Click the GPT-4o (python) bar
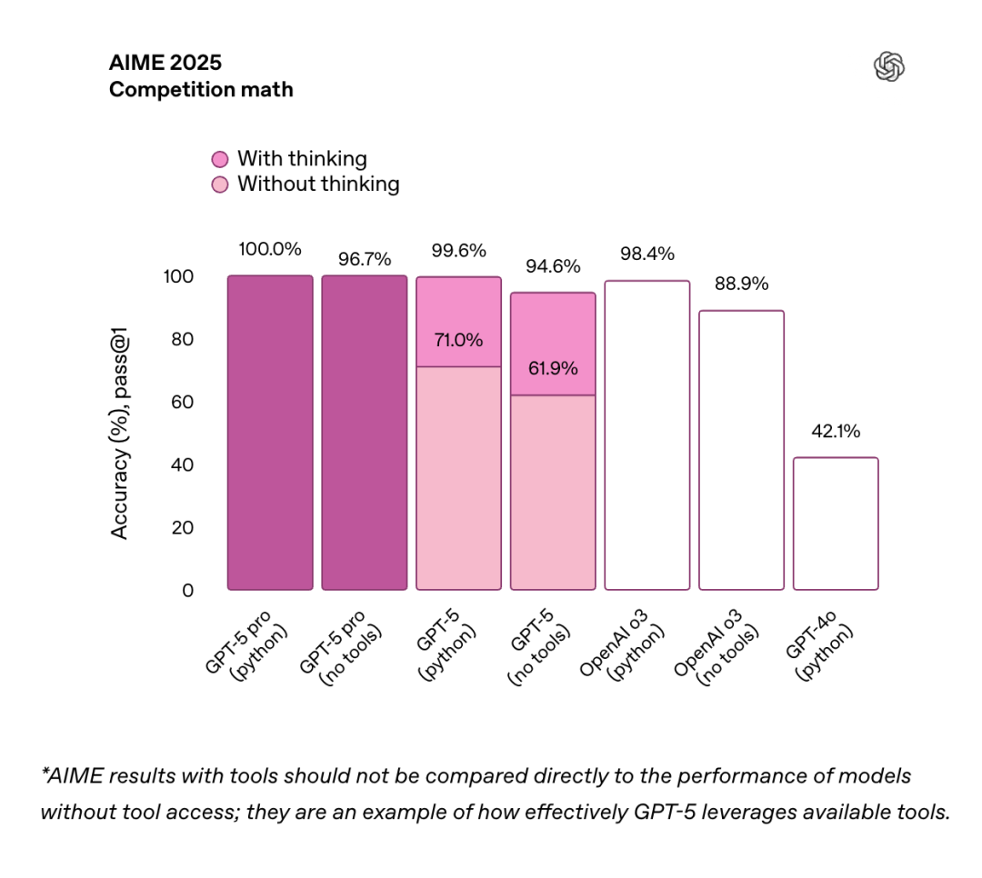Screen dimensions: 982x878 [836, 524]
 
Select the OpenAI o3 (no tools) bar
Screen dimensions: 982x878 [742, 450]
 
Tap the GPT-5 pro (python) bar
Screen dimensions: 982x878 [270, 432]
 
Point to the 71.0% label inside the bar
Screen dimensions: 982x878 [458, 340]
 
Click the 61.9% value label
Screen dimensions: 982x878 [553, 368]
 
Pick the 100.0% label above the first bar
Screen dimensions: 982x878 [270, 249]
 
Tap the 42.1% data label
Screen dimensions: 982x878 [836, 431]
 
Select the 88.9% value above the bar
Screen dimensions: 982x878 [742, 284]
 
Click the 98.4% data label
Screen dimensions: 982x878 [647, 254]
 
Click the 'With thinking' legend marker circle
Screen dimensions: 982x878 [220, 159]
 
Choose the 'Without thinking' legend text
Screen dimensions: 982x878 [318, 185]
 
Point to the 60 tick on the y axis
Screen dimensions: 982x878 [182, 402]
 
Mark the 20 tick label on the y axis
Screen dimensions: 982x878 [182, 528]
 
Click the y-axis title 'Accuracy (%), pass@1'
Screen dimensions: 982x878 [119, 433]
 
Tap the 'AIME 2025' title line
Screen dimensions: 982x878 [165, 63]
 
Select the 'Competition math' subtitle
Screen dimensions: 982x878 [201, 90]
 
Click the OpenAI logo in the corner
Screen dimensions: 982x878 [888, 66]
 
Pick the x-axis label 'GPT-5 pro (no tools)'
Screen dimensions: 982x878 [341, 648]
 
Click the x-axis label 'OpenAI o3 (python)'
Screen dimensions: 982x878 [622, 645]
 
